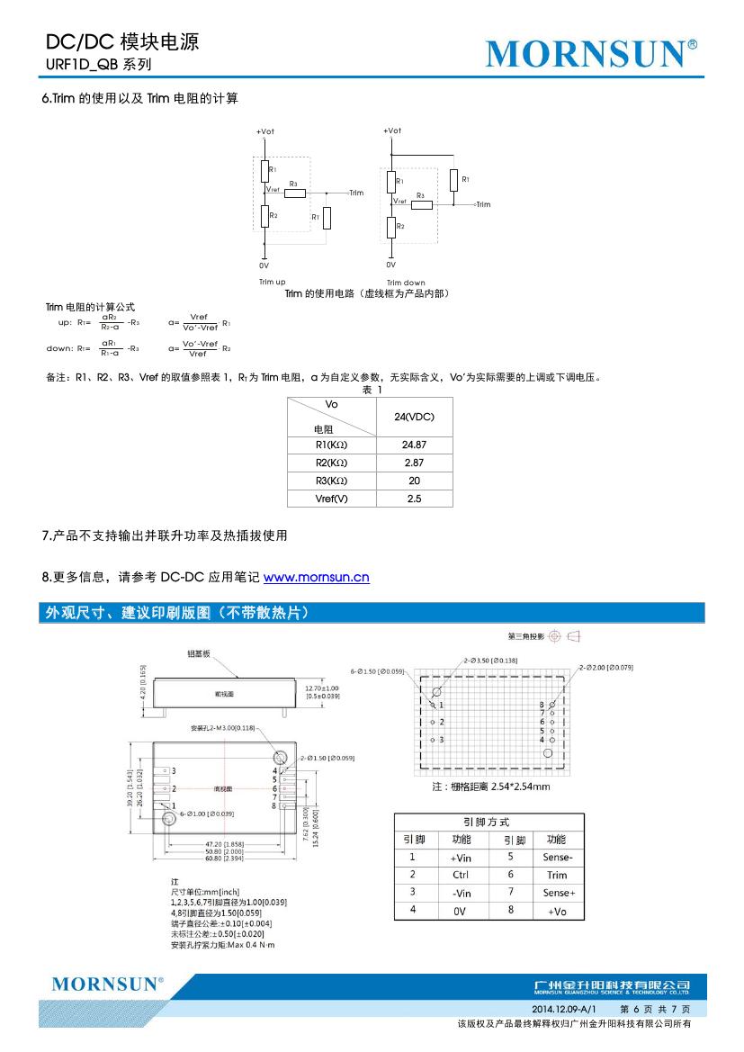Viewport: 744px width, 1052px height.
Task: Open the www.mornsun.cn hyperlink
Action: (316, 577)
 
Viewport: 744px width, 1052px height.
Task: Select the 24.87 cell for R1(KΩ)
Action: (414, 445)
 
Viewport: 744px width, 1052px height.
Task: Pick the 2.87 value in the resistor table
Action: (414, 463)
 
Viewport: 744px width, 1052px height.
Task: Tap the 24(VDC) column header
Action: (414, 417)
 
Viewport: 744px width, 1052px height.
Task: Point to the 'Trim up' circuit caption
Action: (272, 282)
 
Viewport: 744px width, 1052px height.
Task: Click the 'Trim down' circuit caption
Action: (406, 283)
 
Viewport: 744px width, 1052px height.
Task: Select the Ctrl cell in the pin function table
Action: (461, 875)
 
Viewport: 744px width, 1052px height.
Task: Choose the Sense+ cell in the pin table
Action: (558, 893)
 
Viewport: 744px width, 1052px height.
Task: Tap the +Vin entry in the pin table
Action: (461, 858)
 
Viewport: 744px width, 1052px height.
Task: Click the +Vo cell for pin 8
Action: (557, 911)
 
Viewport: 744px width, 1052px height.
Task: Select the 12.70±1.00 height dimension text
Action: (323, 688)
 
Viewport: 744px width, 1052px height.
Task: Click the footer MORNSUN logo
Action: (108, 984)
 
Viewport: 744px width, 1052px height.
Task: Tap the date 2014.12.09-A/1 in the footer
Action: (564, 1010)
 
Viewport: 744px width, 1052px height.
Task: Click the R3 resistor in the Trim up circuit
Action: (295, 193)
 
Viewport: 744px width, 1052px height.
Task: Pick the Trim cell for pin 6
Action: (557, 875)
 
